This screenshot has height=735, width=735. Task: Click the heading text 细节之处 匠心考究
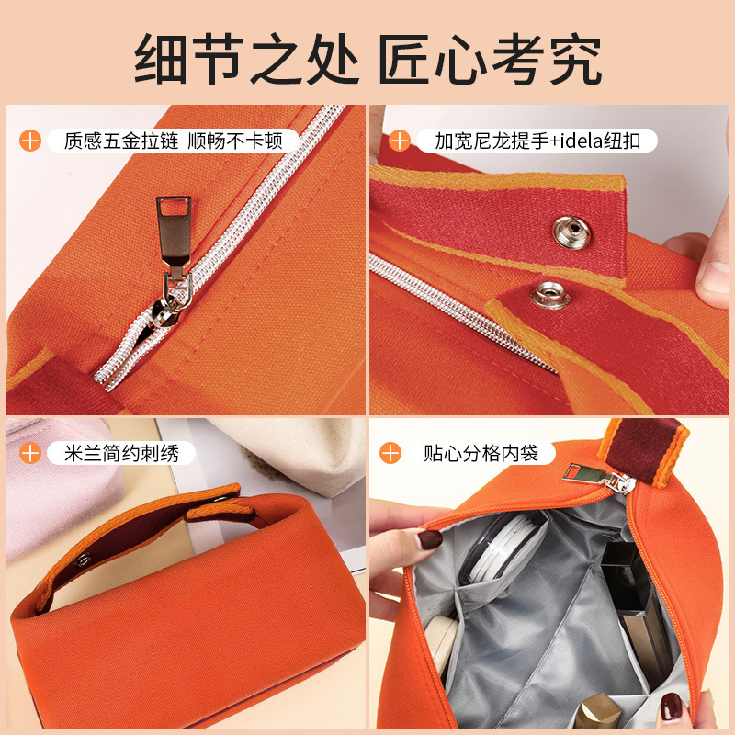[x=368, y=59]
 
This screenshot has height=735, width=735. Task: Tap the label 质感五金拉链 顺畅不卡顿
[x=173, y=141]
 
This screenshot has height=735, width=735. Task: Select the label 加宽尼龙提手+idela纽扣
[x=537, y=141]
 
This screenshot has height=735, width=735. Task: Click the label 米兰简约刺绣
[x=121, y=453]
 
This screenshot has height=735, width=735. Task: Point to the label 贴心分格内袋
[x=481, y=453]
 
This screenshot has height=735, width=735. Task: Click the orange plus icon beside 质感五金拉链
[x=30, y=141]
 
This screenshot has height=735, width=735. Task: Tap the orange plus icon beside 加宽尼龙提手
[x=400, y=141]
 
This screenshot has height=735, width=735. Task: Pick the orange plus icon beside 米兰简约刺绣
[x=30, y=453]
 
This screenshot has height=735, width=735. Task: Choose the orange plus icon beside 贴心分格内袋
[x=390, y=453]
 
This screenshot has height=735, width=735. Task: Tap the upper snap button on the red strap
[x=571, y=232]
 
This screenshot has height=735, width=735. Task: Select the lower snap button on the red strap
[x=549, y=295]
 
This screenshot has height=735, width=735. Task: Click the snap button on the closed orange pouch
[x=83, y=560]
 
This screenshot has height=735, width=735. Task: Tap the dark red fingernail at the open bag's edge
[x=430, y=539]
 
